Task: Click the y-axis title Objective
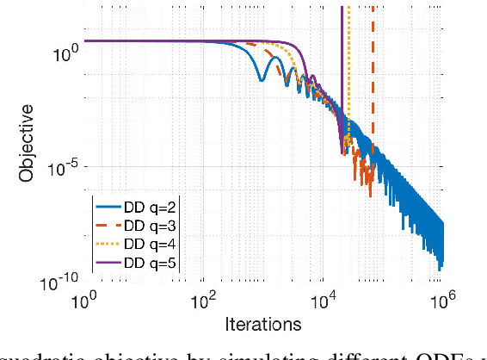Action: [28, 144]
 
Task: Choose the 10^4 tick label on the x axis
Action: [323, 302]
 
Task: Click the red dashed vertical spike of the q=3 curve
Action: [373, 69]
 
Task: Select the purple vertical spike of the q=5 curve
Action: [342, 69]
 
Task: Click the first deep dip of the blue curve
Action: [262, 80]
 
